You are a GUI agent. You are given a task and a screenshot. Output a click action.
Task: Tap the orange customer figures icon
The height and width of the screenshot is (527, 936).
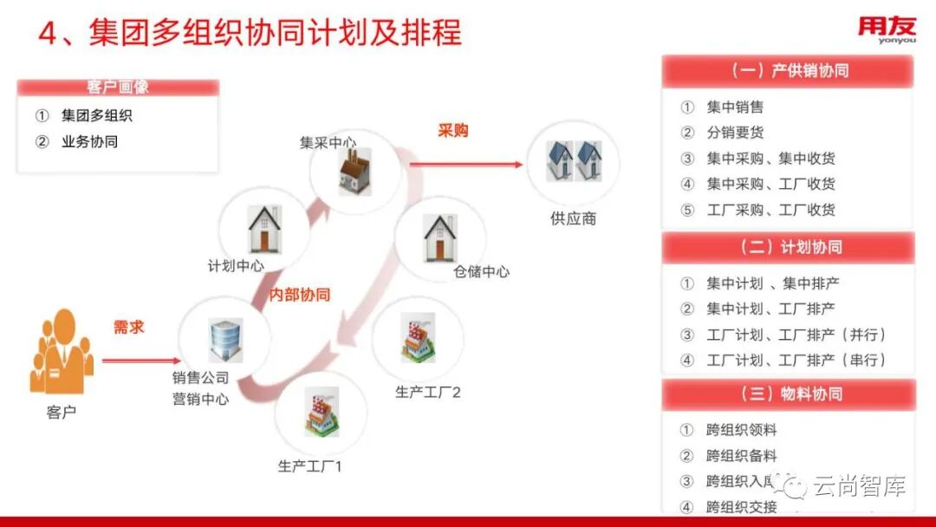[x=60, y=354]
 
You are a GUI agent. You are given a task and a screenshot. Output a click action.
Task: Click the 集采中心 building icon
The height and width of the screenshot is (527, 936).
[x=355, y=171]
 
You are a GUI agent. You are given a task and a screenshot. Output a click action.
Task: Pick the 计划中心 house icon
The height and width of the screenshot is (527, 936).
[x=263, y=229]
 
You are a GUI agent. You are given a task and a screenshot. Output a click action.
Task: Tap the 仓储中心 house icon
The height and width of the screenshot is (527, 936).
[x=439, y=237]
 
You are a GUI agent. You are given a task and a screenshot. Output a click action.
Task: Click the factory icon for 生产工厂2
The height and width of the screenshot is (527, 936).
[x=417, y=339]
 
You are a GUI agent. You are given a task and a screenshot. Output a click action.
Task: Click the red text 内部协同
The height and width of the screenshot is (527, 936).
[x=300, y=295]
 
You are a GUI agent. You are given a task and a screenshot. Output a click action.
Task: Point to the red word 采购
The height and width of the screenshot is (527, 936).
[x=452, y=131]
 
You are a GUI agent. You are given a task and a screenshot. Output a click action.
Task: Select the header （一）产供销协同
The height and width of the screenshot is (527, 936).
[x=788, y=71]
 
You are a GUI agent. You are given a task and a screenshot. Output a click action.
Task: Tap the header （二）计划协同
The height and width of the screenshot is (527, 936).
[x=788, y=247]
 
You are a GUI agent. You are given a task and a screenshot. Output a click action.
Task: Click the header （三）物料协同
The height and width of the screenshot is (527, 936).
[x=788, y=394]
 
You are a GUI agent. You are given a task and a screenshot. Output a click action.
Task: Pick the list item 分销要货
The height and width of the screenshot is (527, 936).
[x=735, y=133]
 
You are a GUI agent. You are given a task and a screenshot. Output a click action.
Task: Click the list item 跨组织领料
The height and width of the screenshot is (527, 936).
[x=741, y=430]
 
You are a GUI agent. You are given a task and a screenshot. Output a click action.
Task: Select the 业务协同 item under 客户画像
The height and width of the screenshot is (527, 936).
[x=89, y=141]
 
